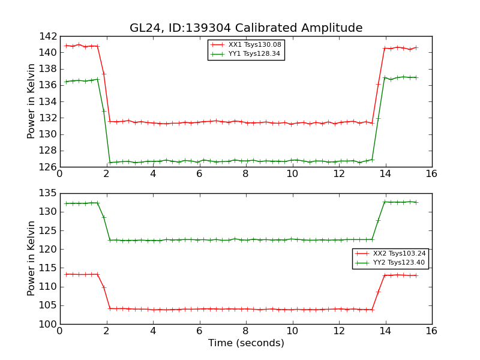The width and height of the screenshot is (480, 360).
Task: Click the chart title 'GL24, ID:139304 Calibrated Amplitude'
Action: [x=246, y=28]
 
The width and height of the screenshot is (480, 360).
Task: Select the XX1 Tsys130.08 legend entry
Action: [x=246, y=45]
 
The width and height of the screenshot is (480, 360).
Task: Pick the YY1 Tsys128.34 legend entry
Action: [x=246, y=54]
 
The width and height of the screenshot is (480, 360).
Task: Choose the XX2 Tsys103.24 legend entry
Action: [x=390, y=254]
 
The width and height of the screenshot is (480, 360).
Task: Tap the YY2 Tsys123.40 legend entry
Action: [x=390, y=263]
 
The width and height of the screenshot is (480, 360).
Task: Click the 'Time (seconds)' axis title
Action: [x=246, y=343]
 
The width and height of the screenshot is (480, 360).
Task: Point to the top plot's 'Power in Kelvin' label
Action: [x=32, y=101]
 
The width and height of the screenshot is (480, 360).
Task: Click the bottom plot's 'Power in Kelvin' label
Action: [x=32, y=259]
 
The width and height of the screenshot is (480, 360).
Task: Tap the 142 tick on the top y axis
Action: [x=49, y=36]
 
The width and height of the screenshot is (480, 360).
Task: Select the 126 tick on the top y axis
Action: [x=49, y=167]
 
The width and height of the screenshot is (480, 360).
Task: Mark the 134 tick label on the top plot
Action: [x=49, y=101]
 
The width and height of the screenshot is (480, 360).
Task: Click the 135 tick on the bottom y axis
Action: [x=49, y=193]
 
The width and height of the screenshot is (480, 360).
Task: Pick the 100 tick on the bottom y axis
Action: [x=49, y=324]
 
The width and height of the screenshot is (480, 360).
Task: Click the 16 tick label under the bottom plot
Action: [x=431, y=331]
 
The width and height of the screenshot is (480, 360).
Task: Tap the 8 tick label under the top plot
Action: [x=245, y=174]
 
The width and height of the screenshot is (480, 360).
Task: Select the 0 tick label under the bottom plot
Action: [x=59, y=331]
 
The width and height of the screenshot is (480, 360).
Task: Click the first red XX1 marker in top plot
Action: [x=66, y=46]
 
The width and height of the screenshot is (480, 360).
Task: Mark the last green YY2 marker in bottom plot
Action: [x=416, y=202]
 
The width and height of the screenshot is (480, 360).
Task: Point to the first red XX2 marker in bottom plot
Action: [x=66, y=274]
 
